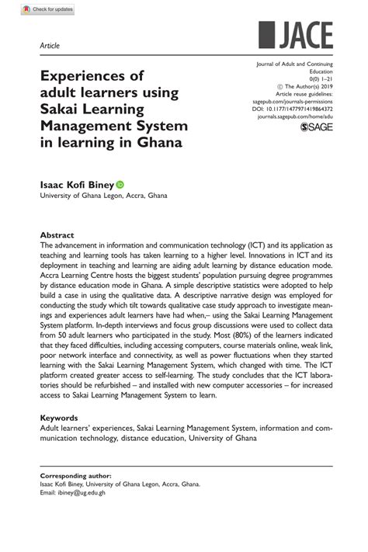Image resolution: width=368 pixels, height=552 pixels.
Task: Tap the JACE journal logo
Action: pos(296,35)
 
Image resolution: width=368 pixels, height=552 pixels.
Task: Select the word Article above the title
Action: pos(50,46)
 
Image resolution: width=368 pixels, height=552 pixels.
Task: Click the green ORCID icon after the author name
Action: pos(120,186)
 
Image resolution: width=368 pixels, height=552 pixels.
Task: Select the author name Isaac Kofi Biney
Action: pos(77,186)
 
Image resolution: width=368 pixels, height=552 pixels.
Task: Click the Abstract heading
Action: pos(57,234)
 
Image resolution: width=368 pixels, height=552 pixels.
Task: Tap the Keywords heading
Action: pos(60,418)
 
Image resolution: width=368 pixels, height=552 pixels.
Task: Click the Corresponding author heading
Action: pos(75,474)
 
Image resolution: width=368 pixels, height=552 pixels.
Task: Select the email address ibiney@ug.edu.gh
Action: pos(74,492)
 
